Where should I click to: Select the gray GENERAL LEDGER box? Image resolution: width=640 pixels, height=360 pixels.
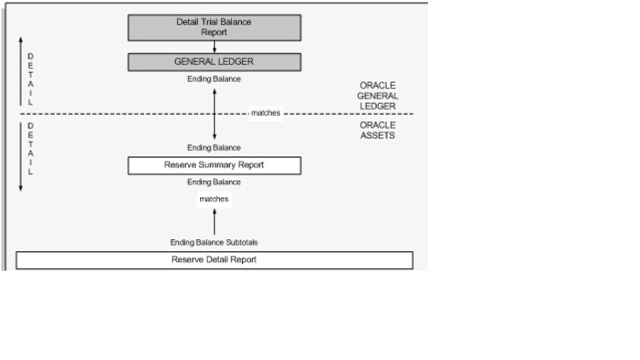coord(214,62)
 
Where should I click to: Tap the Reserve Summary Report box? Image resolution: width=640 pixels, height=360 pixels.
coord(214,165)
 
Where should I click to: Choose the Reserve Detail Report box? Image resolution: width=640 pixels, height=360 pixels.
coord(214,260)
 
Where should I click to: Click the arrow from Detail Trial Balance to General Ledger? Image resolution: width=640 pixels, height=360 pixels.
coord(214,47)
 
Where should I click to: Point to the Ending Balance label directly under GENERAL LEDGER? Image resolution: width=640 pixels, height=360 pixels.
coord(214,79)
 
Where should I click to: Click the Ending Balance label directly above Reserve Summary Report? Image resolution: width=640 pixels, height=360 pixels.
coord(214,147)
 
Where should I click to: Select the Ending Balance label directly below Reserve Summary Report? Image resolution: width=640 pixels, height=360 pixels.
coord(214,182)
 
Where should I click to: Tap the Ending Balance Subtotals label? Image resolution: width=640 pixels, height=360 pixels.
coord(214,243)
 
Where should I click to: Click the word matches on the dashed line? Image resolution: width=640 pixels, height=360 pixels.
coord(265,114)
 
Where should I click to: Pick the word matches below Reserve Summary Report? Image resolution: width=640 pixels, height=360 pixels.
coord(214,199)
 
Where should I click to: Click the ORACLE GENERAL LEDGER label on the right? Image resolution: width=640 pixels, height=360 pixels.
coord(377,95)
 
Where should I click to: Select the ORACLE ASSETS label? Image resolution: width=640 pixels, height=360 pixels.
coord(377,130)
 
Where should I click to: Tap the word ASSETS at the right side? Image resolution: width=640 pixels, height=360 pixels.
coord(377,135)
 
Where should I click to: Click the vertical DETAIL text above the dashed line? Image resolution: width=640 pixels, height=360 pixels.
coord(30,79)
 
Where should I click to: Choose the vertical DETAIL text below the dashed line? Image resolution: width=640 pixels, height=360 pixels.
coord(30,148)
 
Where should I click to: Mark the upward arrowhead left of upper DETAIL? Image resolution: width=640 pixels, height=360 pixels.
coord(20,39)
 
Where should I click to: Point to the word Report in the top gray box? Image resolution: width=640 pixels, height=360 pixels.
coord(214,31)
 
